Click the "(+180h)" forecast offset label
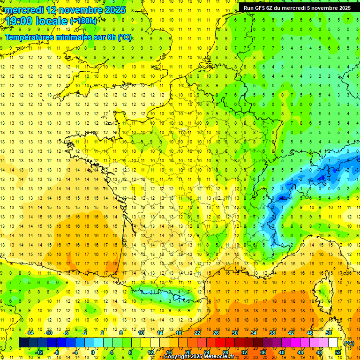pyautogui.click(x=83, y=21)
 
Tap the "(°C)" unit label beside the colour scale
pyautogui.click(x=349, y=343)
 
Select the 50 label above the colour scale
pyautogui.click(x=329, y=333)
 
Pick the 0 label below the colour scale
pyautogui.click(x=92, y=352)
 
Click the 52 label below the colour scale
pyautogui.click(x=338, y=352)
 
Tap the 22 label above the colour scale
pyautogui.click(x=197, y=333)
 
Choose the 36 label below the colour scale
pyautogui.click(x=262, y=352)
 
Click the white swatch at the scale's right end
pyautogui.click(x=333, y=343)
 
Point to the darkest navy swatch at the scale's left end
pyautogui.click(x=23, y=343)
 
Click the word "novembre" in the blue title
pyautogui.click(x=82, y=10)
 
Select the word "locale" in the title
pyautogui.click(x=53, y=21)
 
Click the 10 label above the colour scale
pyautogui.click(x=141, y=333)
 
